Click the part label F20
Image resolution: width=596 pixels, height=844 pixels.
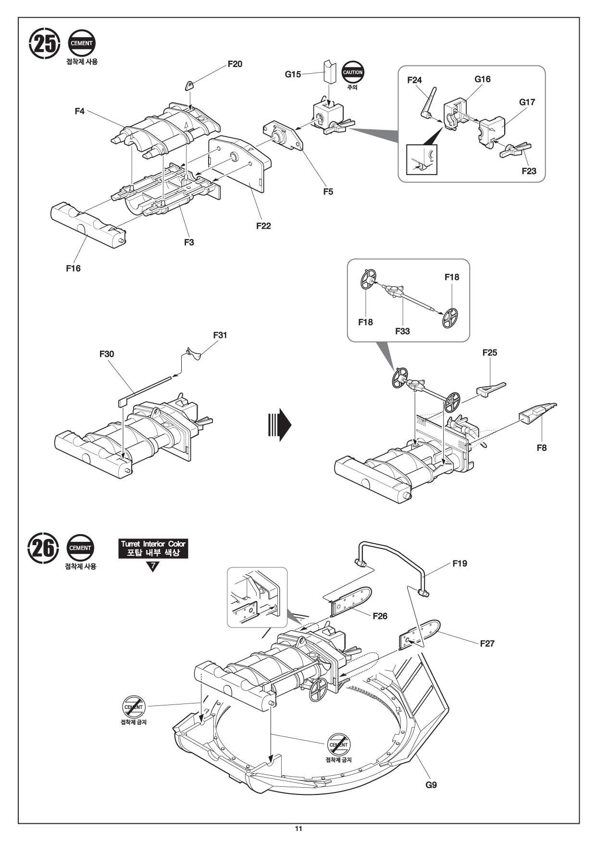click(235, 64)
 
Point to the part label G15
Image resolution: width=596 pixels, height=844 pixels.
click(293, 74)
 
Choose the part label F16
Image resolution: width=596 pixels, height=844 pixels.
click(73, 269)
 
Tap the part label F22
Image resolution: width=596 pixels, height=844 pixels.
click(263, 226)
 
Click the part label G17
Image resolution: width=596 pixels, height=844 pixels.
click(527, 102)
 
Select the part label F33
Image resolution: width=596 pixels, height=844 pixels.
click(402, 331)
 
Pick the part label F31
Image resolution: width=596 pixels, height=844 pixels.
click(220, 335)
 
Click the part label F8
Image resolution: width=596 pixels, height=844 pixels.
click(542, 448)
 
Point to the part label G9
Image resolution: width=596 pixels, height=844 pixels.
click(431, 785)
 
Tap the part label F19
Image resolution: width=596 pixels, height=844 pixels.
click(459, 563)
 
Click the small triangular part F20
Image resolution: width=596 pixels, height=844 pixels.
click(190, 86)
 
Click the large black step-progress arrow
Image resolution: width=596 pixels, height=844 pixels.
click(279, 425)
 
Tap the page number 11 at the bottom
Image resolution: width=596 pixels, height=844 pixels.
click(298, 829)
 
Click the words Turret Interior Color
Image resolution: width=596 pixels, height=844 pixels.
click(153, 544)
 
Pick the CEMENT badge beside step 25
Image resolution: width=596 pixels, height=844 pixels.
click(82, 43)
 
